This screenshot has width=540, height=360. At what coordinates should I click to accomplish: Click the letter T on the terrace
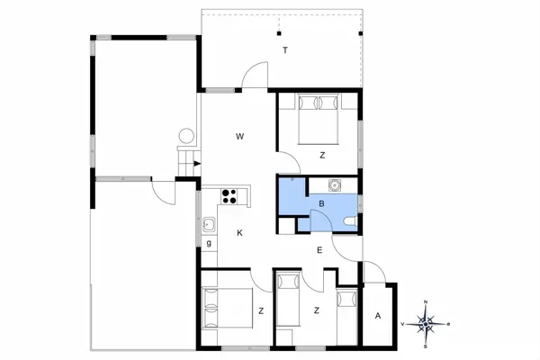click(284, 50)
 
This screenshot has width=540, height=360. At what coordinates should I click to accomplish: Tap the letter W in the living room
click(240, 137)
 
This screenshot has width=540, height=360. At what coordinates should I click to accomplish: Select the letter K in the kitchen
click(239, 233)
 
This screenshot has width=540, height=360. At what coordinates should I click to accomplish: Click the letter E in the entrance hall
click(319, 250)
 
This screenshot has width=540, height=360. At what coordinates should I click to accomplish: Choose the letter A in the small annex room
click(378, 315)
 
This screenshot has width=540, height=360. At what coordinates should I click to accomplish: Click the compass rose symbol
click(427, 322)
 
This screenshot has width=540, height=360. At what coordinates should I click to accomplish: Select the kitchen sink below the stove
click(209, 224)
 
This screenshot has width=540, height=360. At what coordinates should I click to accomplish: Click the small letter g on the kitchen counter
click(209, 243)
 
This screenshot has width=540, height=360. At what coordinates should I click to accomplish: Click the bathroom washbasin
click(335, 186)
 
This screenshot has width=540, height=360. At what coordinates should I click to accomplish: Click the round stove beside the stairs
click(187, 137)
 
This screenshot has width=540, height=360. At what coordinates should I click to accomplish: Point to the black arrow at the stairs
click(195, 163)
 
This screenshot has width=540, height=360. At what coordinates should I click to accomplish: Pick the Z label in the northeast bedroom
click(321, 156)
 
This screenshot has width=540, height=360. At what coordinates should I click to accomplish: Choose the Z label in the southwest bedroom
click(260, 310)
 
